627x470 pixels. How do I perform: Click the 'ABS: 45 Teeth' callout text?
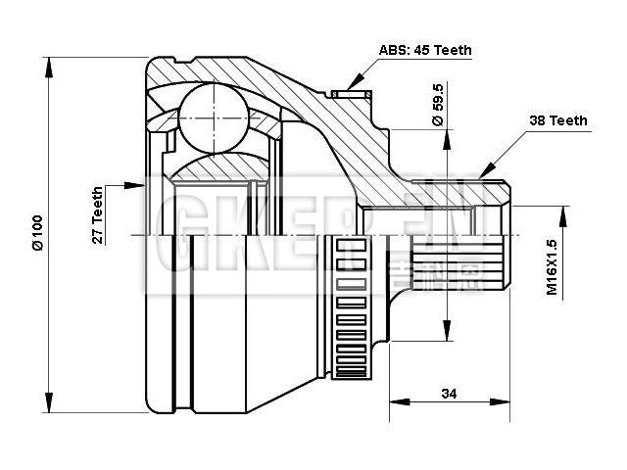click(424, 49)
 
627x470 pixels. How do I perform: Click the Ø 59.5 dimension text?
click(438, 106)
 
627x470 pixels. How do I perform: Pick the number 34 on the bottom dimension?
click(449, 394)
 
